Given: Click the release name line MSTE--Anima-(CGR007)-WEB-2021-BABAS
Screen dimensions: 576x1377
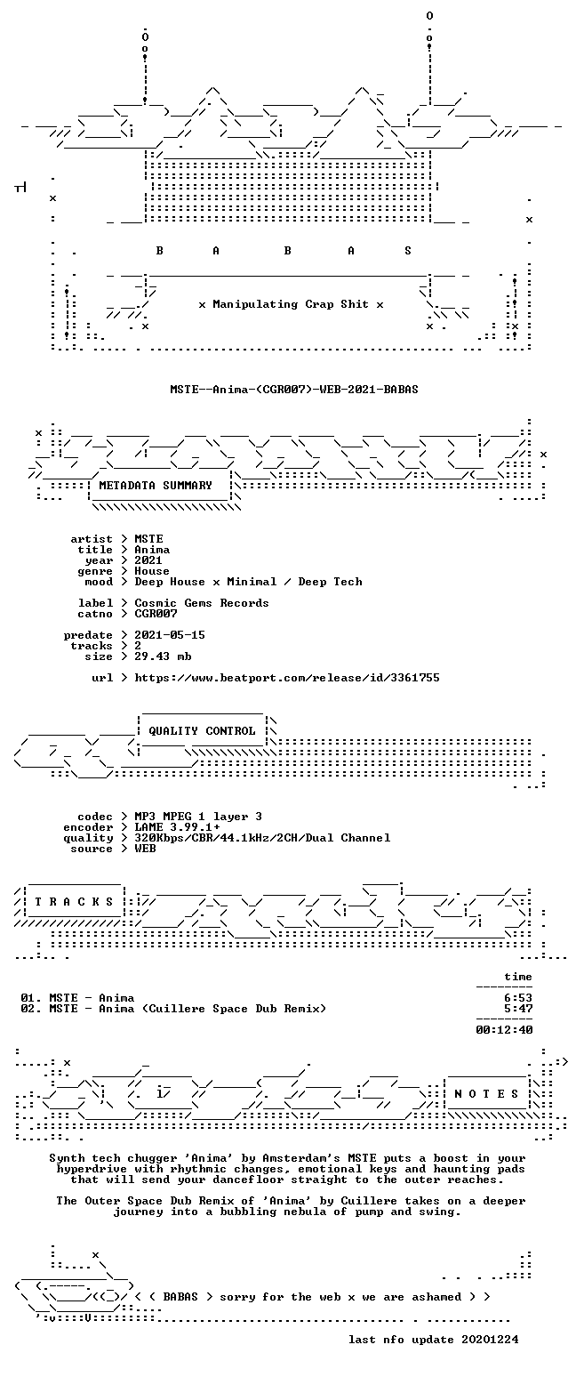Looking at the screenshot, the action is (294, 389).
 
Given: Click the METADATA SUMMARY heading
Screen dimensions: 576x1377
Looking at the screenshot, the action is (156, 485).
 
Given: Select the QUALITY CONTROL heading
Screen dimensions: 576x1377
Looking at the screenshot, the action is (202, 731).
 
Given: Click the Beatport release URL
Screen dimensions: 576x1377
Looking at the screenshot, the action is (287, 678).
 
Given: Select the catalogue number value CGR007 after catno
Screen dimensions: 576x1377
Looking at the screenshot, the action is (156, 614).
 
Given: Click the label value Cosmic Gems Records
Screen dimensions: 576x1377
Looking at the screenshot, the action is (202, 603).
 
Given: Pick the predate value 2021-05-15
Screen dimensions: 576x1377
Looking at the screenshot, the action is (170, 635).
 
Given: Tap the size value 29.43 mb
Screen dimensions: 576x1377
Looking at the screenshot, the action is (163, 656).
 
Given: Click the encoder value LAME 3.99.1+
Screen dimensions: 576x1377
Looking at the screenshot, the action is (177, 827).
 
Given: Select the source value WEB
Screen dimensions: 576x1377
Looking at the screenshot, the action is (145, 849).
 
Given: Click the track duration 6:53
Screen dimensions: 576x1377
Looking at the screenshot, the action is (518, 998).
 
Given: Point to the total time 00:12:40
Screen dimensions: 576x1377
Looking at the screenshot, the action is (504, 1030).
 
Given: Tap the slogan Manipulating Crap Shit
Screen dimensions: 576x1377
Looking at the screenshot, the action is (291, 304).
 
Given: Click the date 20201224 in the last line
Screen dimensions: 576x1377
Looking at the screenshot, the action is (490, 1340).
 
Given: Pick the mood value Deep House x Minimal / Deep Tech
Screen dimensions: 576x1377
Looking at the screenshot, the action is (248, 582).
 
